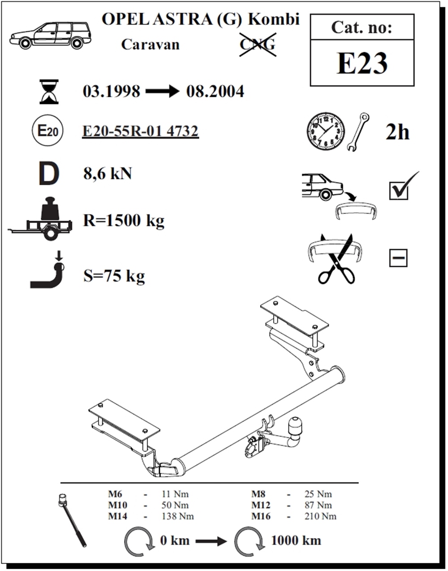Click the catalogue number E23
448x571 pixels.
pyautogui.click(x=362, y=63)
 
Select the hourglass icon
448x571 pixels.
pyautogui.click(x=49, y=92)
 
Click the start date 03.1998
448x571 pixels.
pyautogui.click(x=111, y=92)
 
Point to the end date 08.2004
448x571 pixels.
pyautogui.click(x=215, y=92)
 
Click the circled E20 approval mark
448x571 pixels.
pyautogui.click(x=47, y=131)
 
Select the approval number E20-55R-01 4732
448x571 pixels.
pyautogui.click(x=140, y=131)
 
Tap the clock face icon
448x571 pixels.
pyautogui.click(x=326, y=131)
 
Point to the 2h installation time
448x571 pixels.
pyautogui.click(x=397, y=132)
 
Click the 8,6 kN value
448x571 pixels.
pyautogui.click(x=108, y=174)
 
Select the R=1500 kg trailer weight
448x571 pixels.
pyautogui.click(x=124, y=220)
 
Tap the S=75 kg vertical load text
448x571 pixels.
pyautogui.click(x=114, y=276)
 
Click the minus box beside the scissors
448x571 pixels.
pyautogui.click(x=398, y=258)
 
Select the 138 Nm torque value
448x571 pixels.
pyautogui.click(x=178, y=516)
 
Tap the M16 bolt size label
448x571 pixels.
pyautogui.click(x=261, y=516)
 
